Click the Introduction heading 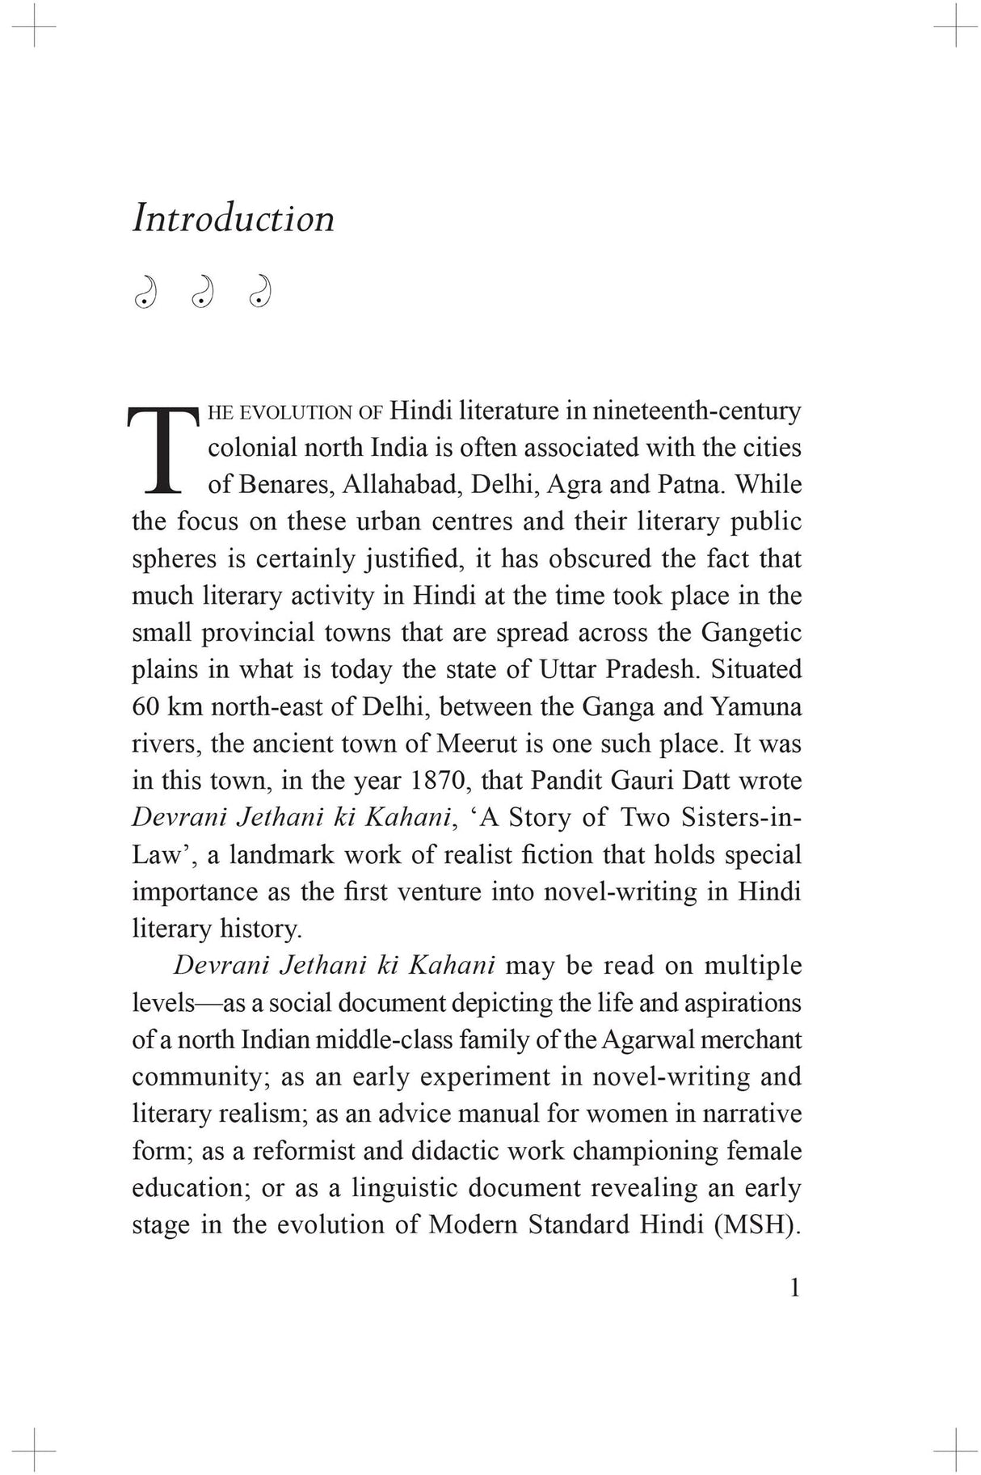pos(233,219)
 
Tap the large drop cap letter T pos(162,449)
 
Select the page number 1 pos(794,1288)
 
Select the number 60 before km pos(145,707)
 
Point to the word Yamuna pos(756,707)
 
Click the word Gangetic pos(751,633)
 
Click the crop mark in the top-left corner pos(33,25)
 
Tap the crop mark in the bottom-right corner pos(956,1450)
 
